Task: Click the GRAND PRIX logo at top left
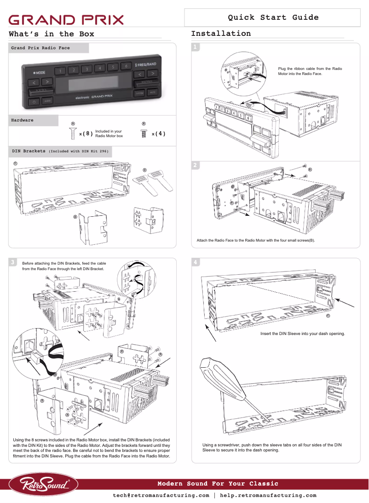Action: [x=67, y=20]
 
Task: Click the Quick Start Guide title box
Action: [x=273, y=17]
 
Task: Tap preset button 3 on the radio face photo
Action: [x=86, y=70]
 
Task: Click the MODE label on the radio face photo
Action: [x=39, y=73]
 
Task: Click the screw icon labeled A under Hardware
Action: [x=73, y=133]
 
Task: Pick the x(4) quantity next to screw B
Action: [x=158, y=134]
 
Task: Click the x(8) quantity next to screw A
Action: [x=86, y=134]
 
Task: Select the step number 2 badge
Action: [x=196, y=165]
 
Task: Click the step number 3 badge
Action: [x=14, y=262]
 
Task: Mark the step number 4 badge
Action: [x=196, y=262]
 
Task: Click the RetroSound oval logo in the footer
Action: [x=44, y=484]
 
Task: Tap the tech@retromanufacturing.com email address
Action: [x=161, y=496]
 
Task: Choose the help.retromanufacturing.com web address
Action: [x=268, y=496]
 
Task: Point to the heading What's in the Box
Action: [x=52, y=34]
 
